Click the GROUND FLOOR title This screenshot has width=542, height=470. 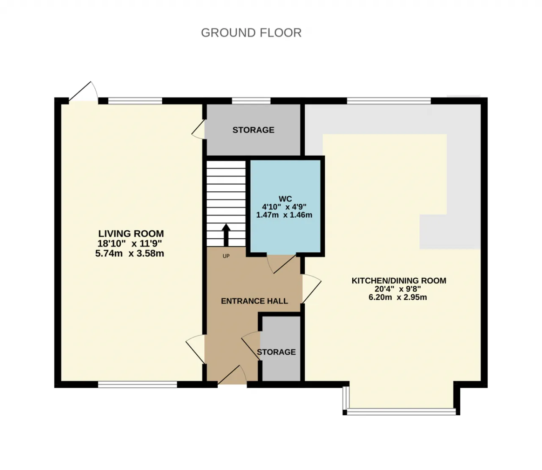(x=251, y=33)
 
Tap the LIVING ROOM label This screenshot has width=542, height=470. (x=131, y=234)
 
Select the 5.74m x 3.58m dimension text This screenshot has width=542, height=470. (x=130, y=254)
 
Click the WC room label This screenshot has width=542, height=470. (x=285, y=199)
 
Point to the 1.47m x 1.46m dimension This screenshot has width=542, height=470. (x=284, y=215)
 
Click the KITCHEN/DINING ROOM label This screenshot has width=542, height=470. (x=399, y=280)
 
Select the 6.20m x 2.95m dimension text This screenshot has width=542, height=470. (x=398, y=297)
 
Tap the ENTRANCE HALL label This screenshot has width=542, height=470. (x=254, y=301)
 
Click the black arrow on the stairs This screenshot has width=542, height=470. (x=226, y=235)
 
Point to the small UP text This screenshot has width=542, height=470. (x=226, y=256)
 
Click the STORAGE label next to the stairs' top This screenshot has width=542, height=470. (x=253, y=130)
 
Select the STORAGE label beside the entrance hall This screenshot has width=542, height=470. (x=276, y=352)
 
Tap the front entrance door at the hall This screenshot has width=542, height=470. (x=232, y=374)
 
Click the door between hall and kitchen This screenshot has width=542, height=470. (x=312, y=288)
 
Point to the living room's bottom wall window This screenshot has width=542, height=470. (x=138, y=385)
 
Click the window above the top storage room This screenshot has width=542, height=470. (x=251, y=101)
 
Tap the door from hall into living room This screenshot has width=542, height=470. (x=195, y=349)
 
